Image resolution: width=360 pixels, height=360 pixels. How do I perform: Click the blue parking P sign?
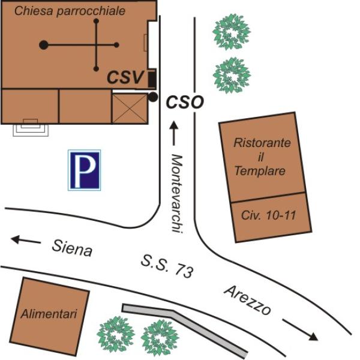(x=84, y=170)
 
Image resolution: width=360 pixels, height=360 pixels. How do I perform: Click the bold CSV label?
(x=125, y=77)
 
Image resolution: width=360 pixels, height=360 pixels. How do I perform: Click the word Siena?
(x=72, y=247)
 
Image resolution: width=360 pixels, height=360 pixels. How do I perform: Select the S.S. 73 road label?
(x=167, y=266)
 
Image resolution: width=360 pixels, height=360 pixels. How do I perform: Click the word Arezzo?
(x=247, y=301)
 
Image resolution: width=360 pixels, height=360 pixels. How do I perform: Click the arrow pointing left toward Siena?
(x=26, y=241)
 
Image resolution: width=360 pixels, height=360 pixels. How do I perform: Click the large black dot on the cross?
(x=43, y=44)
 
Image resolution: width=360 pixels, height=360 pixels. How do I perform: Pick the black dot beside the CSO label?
(x=153, y=97)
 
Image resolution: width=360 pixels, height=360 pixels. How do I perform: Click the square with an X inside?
(x=129, y=109)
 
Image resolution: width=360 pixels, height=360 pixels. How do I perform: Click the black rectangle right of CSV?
(x=152, y=79)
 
